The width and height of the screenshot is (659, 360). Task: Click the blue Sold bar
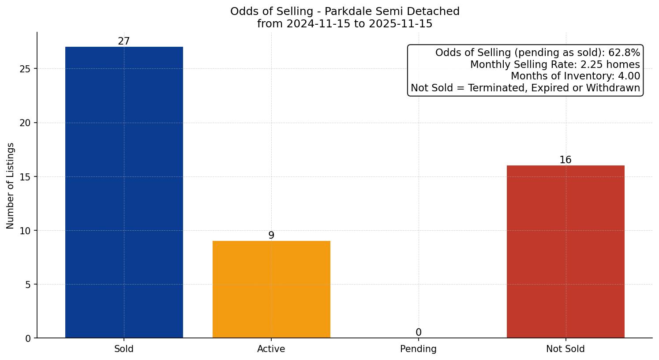[124, 192]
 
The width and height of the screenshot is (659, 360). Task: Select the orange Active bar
[271, 289]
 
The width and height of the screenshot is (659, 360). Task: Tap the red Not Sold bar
[565, 251]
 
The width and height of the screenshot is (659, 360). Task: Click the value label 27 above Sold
[124, 41]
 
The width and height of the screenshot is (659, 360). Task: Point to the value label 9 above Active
[271, 236]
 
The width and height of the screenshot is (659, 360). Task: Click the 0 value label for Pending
[418, 333]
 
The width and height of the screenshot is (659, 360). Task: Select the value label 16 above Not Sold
[565, 160]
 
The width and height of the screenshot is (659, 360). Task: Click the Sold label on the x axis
[124, 349]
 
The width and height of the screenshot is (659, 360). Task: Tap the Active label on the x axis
[271, 349]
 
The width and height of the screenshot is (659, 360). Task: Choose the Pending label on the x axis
[418, 349]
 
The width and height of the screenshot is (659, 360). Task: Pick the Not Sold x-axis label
[565, 349]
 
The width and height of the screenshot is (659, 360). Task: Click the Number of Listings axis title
[11, 186]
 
